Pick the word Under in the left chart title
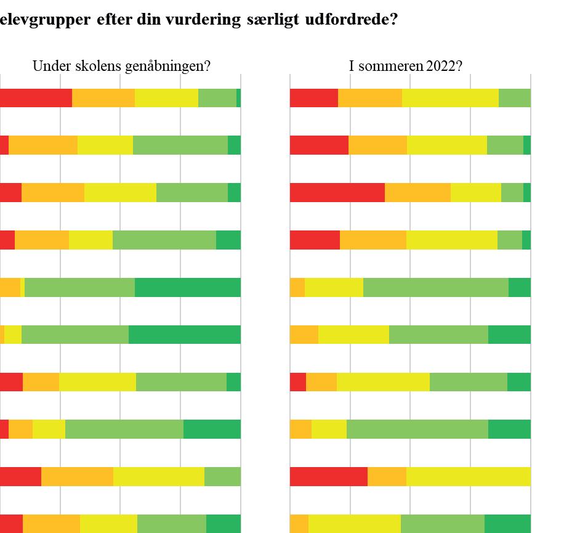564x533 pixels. [48, 66]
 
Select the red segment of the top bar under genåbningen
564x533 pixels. [36, 98]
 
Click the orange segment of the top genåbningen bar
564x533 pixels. [103, 98]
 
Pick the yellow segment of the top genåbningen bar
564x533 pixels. [166, 98]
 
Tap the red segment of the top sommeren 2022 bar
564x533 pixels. [314, 98]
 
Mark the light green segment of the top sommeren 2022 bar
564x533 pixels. [514, 98]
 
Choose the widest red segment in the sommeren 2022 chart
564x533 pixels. [337, 192]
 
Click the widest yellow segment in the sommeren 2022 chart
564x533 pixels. [468, 476]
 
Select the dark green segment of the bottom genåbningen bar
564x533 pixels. [223, 523]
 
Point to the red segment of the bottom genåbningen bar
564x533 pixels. [11, 523]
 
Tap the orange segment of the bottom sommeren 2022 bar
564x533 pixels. [299, 523]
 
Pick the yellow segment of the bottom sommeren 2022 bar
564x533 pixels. [354, 523]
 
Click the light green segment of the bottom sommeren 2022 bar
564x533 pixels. [442, 523]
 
